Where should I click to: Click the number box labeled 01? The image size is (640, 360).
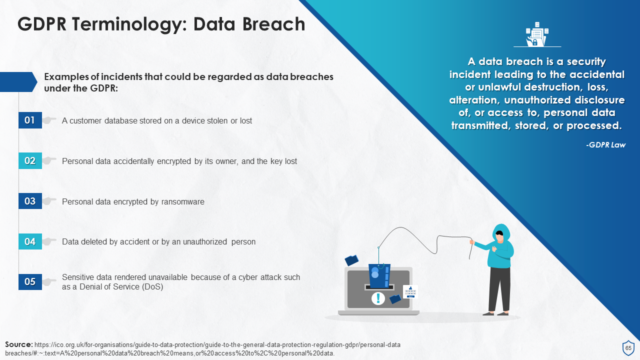point(30,120)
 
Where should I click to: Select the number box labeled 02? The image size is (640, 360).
point(30,161)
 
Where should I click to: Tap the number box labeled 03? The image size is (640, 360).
point(30,201)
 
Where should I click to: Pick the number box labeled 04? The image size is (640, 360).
point(30,242)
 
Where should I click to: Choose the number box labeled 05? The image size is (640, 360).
point(30,281)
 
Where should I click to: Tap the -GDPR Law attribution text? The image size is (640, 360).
point(605,145)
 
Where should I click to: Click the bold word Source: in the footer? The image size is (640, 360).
point(19,344)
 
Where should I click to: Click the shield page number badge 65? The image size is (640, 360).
point(628,348)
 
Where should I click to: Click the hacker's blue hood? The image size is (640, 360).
point(501,232)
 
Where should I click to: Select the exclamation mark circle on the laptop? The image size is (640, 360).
point(378,298)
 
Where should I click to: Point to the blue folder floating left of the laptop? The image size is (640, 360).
point(352,260)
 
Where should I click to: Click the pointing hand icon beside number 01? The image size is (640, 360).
point(49,120)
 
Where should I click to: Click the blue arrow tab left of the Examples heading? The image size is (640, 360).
point(18,82)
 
